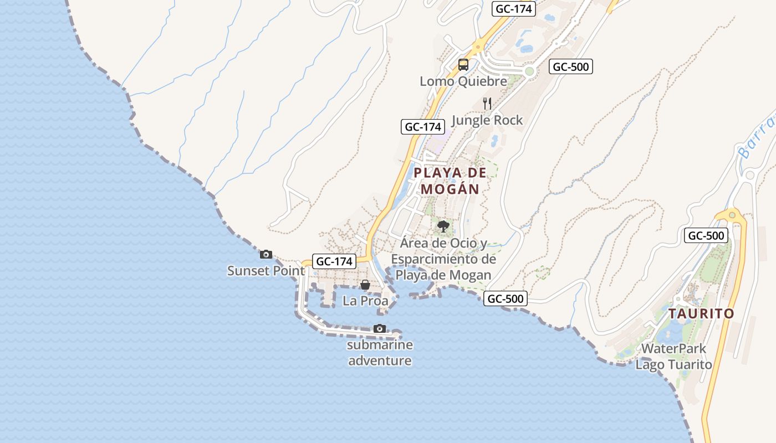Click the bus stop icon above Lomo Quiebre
click(463, 65)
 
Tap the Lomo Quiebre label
click(463, 81)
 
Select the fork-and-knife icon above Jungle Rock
click(487, 104)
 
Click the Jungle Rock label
click(487, 120)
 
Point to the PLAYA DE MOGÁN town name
click(450, 181)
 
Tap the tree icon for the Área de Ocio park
click(443, 226)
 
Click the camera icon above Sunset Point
click(266, 255)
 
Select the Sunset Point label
click(266, 271)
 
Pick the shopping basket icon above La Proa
click(365, 285)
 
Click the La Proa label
click(365, 301)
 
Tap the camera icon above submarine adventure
click(380, 329)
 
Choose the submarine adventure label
click(380, 353)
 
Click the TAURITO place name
click(701, 314)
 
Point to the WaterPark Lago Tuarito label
click(673, 357)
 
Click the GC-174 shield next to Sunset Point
click(334, 261)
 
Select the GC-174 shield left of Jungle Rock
click(423, 127)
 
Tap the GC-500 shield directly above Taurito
click(706, 235)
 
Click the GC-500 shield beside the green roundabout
click(571, 67)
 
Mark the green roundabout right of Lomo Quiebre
click(529, 71)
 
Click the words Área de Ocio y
click(443, 243)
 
